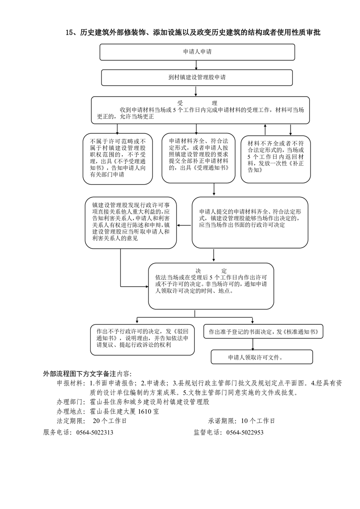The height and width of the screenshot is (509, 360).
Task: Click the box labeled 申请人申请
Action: pyautogui.click(x=197, y=52)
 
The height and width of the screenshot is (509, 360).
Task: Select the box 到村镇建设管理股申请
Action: pyautogui.click(x=197, y=78)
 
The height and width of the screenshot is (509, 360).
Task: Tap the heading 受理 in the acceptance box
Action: pyautogui.click(x=197, y=103)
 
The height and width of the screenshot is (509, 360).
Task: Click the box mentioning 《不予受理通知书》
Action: pyautogui.click(x=118, y=159)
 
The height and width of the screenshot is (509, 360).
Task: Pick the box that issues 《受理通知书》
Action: pyautogui.click(x=198, y=158)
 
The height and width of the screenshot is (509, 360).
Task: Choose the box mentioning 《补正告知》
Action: pyautogui.click(x=276, y=159)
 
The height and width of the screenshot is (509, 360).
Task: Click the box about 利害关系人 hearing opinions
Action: pyautogui.click(x=131, y=223)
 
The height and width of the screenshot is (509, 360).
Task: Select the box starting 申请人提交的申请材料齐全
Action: pyautogui.click(x=250, y=223)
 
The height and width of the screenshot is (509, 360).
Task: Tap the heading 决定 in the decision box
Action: pyautogui.click(x=211, y=271)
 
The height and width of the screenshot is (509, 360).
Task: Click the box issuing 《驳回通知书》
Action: pyautogui.click(x=142, y=339)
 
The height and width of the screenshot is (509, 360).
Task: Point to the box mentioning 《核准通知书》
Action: pyautogui.click(x=263, y=332)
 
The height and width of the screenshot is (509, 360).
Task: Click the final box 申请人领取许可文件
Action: pyautogui.click(x=262, y=357)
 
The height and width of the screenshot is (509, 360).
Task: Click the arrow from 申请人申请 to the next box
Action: pyautogui.click(x=196, y=65)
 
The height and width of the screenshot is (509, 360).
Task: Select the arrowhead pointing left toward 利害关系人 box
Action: pyautogui.click(x=179, y=225)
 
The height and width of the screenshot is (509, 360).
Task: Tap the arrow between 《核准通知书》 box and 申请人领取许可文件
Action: pyautogui.click(x=253, y=344)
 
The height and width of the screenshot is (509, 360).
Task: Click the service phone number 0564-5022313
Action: pyautogui.click(x=95, y=432)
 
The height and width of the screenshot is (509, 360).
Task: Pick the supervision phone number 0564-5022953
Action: pyautogui.click(x=245, y=432)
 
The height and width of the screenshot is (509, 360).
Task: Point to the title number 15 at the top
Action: pyautogui.click(x=69, y=33)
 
